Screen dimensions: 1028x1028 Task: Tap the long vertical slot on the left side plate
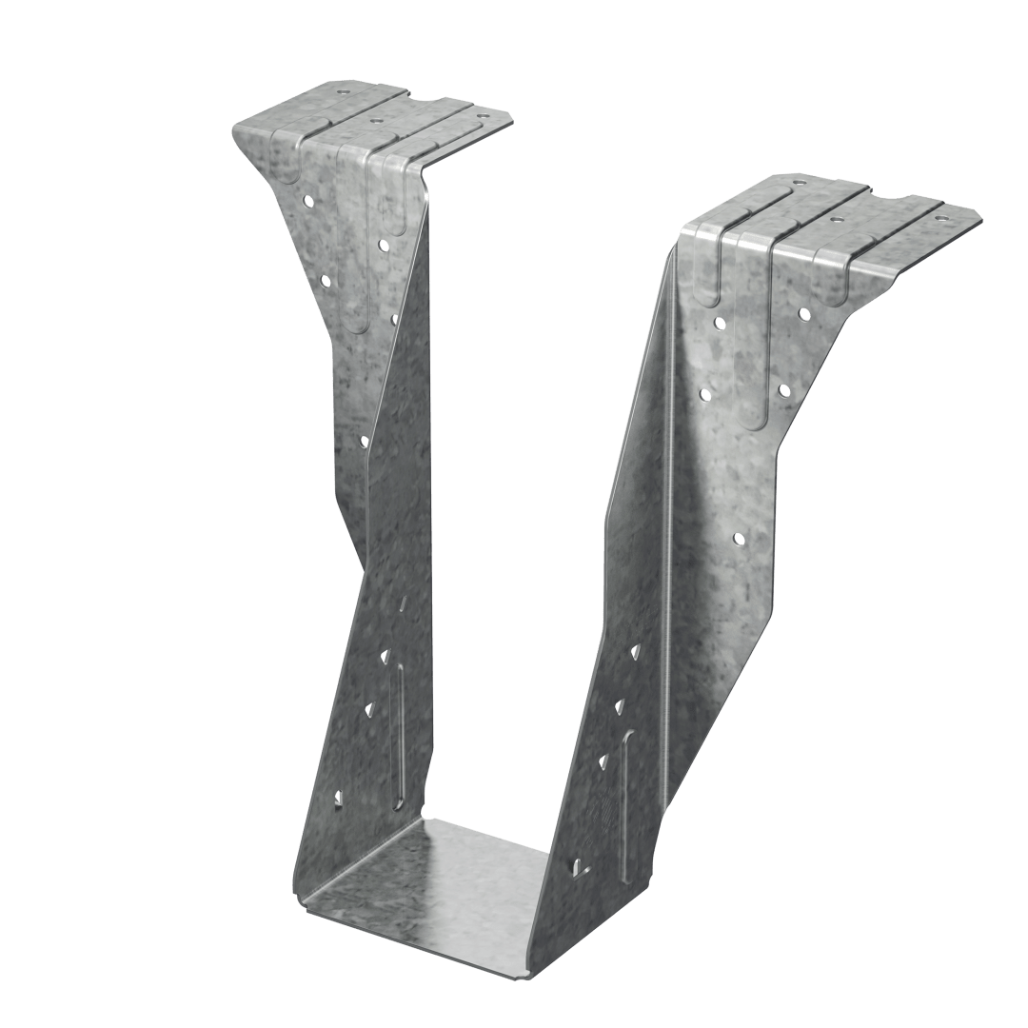pyautogui.click(x=400, y=733)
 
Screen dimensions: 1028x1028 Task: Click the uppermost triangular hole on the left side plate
pyautogui.click(x=385, y=654)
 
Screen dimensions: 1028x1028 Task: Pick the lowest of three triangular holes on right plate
pyautogui.click(x=603, y=759)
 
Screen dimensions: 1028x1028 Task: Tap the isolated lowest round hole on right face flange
pyautogui.click(x=739, y=539)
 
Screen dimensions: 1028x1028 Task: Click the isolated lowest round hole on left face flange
pyautogui.click(x=364, y=440)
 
